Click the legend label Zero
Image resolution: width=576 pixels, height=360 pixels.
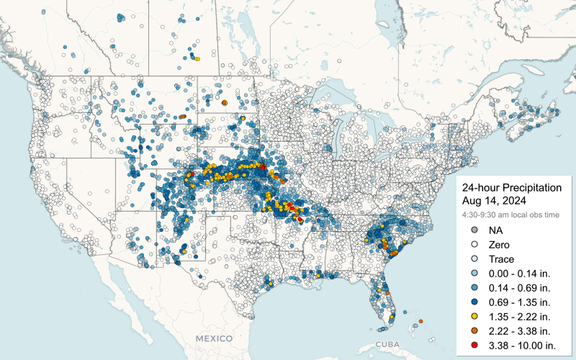(499, 245)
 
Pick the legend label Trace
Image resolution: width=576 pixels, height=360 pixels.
(501, 259)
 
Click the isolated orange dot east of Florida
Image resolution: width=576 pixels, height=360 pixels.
(420, 321)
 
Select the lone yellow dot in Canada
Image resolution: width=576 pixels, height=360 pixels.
(197, 59)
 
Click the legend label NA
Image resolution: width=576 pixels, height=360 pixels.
(495, 230)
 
